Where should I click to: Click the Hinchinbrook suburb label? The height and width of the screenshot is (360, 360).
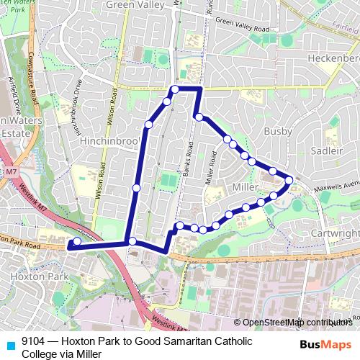109,140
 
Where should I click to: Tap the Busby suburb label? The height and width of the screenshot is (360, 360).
279,132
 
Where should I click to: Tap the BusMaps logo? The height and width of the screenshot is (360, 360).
326,343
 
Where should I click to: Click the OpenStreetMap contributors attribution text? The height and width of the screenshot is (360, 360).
296,322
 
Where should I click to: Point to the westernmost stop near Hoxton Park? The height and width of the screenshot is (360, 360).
77,241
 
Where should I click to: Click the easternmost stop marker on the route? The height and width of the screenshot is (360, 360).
289,179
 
